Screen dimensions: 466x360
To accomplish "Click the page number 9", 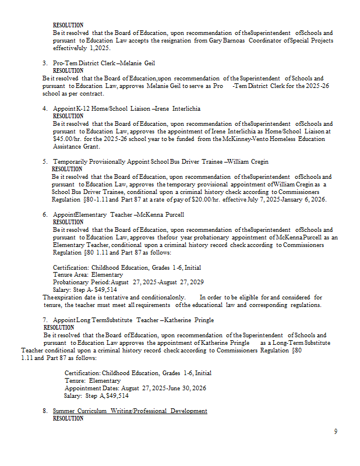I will click(x=336, y=432).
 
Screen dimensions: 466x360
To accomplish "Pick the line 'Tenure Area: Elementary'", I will click(x=87, y=274).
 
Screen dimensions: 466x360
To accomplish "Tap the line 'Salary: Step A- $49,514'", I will click(x=85, y=290).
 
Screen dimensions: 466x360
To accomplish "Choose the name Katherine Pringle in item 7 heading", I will click(x=189, y=320).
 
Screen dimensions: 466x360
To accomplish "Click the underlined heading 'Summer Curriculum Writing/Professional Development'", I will click(x=130, y=411).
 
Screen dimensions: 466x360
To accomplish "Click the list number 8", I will click(x=44, y=411).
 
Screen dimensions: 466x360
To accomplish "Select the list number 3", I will click(x=44, y=63).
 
